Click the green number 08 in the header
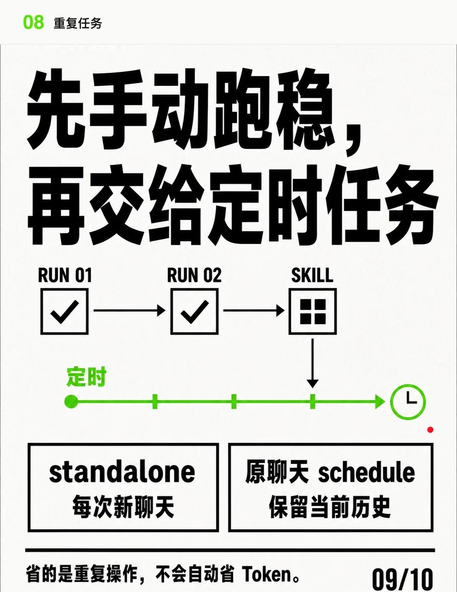pos(33,22)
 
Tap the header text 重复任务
pos(78,23)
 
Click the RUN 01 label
pos(65,275)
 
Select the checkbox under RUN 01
pos(65,311)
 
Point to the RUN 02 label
pos(194,275)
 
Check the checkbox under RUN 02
pos(195,311)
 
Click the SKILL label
pos(312,275)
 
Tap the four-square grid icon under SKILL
pos(313,311)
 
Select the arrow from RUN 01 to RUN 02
pos(129,310)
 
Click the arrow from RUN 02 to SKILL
pos(254,310)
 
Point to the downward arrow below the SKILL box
pos(313,363)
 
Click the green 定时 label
pos(86,377)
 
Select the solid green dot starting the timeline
pos(71,402)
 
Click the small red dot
pos(430,430)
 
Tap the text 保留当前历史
pos(330,507)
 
